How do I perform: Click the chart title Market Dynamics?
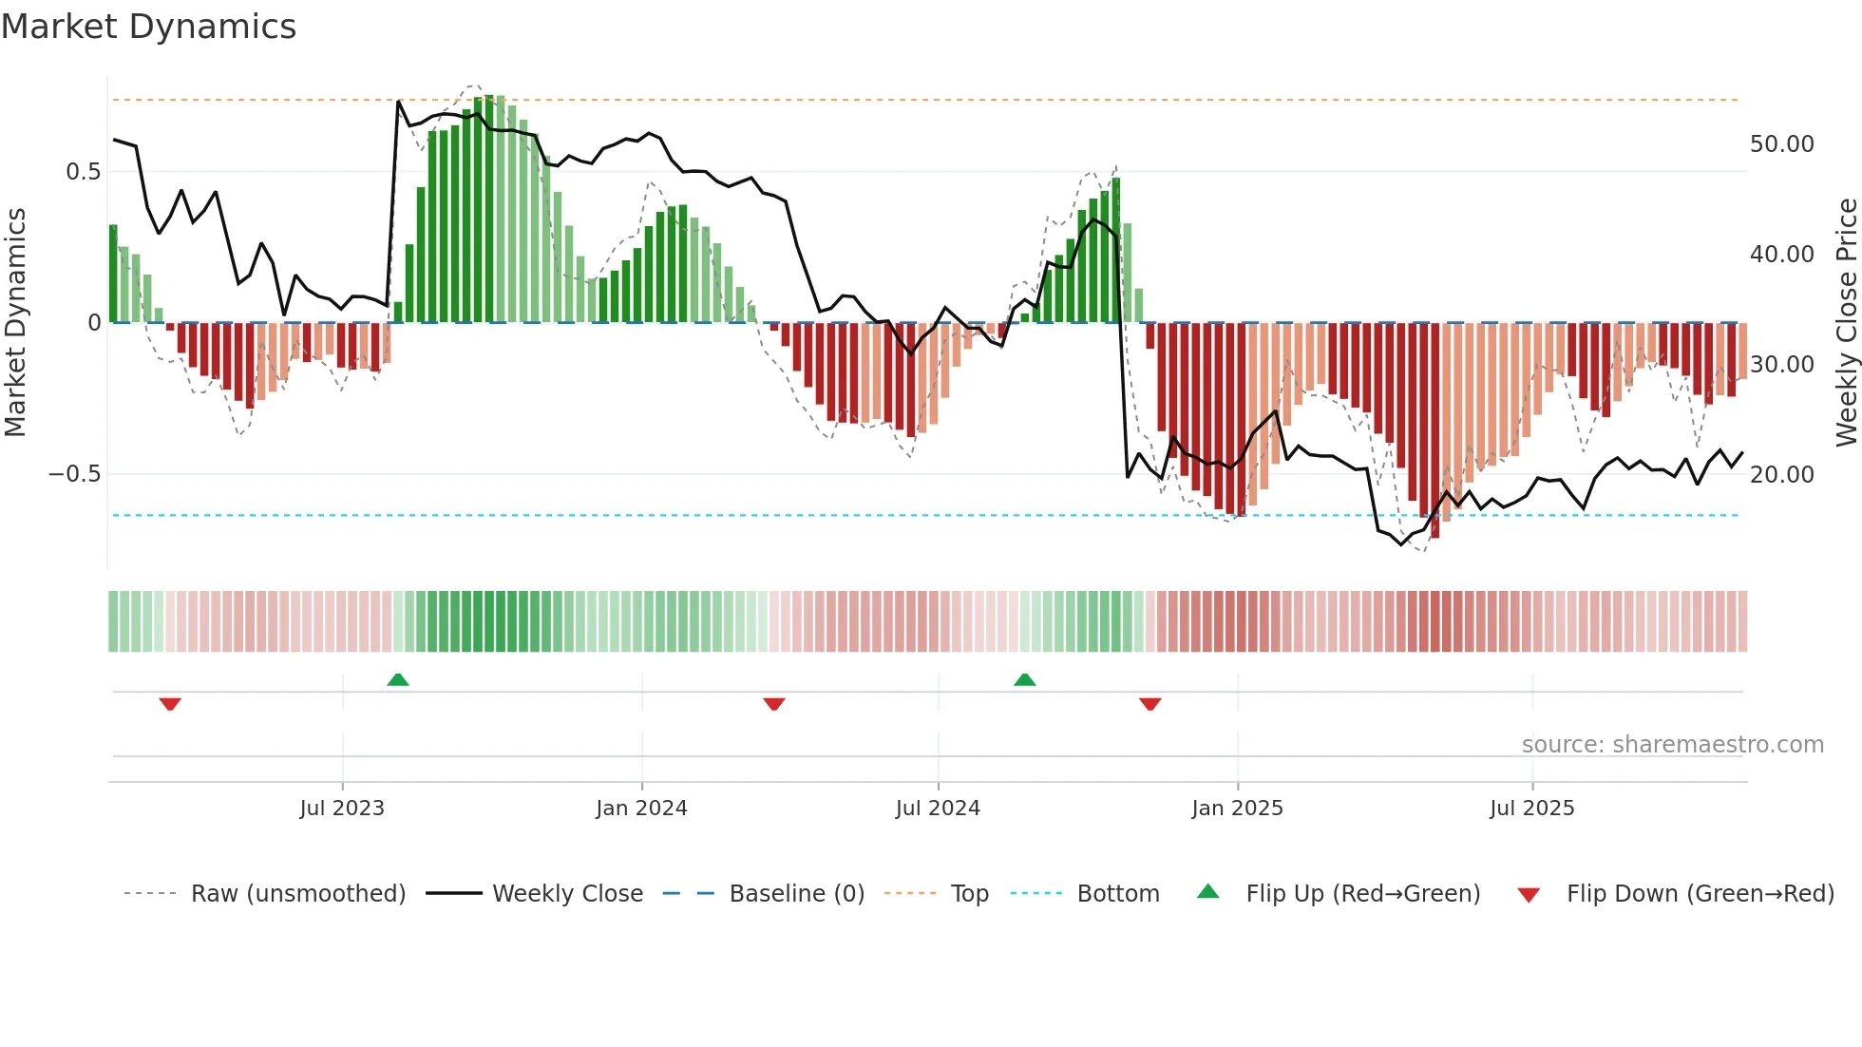[148, 27]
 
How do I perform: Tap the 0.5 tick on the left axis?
[83, 172]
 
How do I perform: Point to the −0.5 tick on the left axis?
[74, 474]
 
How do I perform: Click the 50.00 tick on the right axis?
[1781, 144]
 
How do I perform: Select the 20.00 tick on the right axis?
[1781, 475]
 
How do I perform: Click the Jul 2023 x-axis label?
[342, 809]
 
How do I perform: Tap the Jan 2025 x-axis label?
[1237, 809]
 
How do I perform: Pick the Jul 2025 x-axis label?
[1531, 809]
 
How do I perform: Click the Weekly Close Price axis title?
[1846, 323]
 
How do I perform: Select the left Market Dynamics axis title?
[16, 323]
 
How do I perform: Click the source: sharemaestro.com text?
[1672, 745]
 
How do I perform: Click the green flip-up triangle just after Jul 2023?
[398, 680]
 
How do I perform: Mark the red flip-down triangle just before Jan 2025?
[1150, 704]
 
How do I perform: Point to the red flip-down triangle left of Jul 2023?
[170, 704]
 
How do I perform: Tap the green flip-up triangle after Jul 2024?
[1024, 680]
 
